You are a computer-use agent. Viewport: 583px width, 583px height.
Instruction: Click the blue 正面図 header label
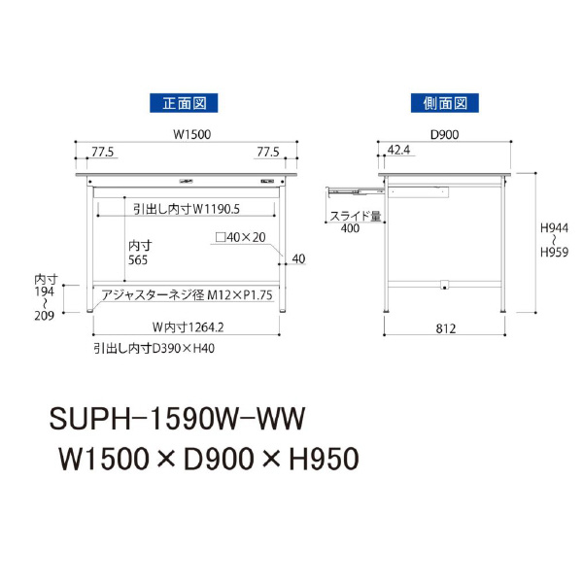182,101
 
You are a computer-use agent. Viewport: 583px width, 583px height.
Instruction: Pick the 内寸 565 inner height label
139,254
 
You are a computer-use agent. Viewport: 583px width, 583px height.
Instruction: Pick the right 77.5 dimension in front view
269,152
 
